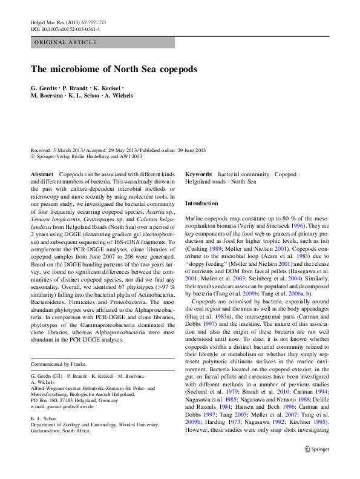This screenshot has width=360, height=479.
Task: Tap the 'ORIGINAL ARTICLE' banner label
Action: pos(66,42)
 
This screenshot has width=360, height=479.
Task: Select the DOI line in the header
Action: pos(65,29)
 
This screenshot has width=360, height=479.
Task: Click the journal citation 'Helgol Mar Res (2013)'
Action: pos(57,22)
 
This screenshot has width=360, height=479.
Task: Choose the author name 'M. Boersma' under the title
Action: pos(47,95)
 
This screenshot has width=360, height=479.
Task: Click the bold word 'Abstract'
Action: pos(42,174)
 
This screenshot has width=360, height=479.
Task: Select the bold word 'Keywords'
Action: pos(198,174)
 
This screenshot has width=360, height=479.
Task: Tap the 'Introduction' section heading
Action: pos(201,203)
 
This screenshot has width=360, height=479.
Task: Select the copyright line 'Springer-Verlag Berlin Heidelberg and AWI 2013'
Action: pos(89,156)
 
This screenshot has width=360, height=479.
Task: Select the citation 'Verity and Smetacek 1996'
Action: pos(275,225)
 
